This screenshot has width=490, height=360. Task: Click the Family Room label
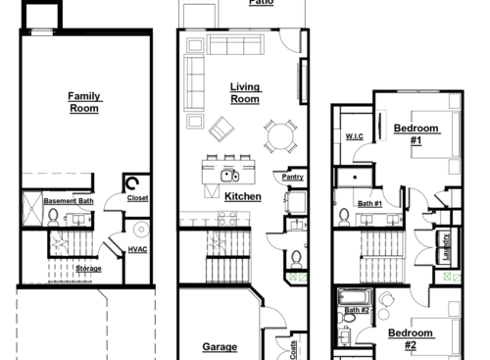pos(84,102)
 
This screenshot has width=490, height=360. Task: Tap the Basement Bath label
pos(69,201)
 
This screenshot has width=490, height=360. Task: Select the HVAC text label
pos(138,250)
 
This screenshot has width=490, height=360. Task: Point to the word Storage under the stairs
pos(88,268)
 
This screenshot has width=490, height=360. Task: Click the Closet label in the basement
pos(138,199)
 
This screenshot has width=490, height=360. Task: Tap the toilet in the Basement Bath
pos(53,216)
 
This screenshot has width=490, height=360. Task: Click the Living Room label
pos(244,93)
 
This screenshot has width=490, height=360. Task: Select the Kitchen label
pos(242,197)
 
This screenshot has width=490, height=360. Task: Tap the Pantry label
pos(292,178)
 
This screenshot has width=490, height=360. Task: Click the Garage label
pos(220,346)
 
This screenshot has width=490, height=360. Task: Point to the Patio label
pos(261,3)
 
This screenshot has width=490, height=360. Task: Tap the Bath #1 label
pos(369,203)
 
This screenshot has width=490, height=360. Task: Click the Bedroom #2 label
pos(410,339)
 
